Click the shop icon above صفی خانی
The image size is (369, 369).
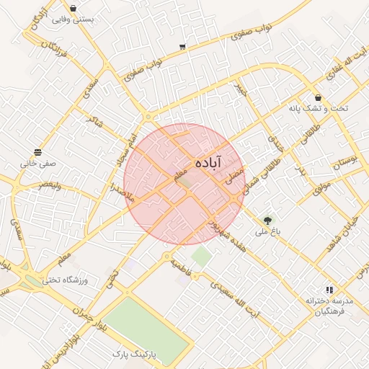37,151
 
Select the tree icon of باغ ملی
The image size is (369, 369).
268,221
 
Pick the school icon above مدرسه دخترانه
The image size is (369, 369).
329,289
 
